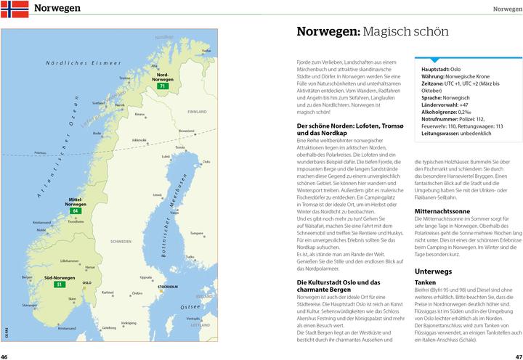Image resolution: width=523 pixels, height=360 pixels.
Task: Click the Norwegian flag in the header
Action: [15, 9]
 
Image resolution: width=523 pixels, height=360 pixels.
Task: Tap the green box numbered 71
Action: [163, 86]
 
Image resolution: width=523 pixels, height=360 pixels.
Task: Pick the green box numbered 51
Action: [60, 285]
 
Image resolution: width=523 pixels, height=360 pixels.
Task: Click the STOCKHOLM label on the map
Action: [169, 287]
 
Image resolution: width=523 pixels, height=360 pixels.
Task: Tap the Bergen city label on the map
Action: [27, 277]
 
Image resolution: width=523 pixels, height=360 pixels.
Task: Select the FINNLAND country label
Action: [197, 112]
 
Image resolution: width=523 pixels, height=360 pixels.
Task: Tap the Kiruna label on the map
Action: [139, 114]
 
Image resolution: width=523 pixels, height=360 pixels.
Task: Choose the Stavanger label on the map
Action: [28, 306]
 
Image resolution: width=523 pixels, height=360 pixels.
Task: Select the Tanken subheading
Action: [426, 282]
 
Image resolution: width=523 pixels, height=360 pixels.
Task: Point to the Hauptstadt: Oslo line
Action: [440, 69]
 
